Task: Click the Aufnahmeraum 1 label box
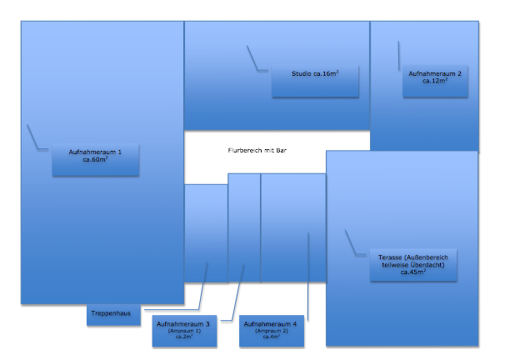[x=95, y=159]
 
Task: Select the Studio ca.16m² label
[x=314, y=81]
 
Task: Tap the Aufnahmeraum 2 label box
[x=434, y=81]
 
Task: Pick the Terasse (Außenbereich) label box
[x=413, y=264]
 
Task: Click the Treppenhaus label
[x=113, y=314]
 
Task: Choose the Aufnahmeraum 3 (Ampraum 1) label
[x=183, y=330]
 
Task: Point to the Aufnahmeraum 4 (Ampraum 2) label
[x=271, y=330]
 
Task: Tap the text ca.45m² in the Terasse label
[x=413, y=272]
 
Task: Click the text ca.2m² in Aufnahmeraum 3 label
[x=183, y=337]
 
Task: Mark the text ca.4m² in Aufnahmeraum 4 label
[x=271, y=337]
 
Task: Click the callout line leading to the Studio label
[x=253, y=58]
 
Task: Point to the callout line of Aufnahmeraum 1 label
[x=33, y=137]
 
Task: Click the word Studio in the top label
[x=301, y=74]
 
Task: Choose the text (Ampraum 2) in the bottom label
[x=271, y=330]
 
